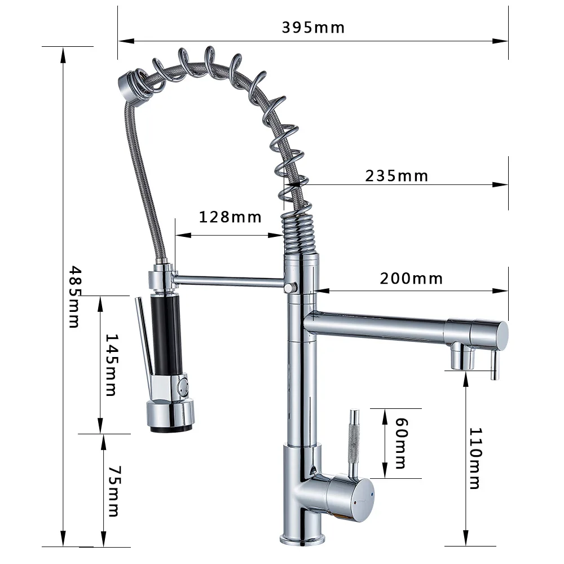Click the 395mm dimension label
pos(313,27)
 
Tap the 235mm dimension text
pos(396,176)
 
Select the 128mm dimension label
pos(230,217)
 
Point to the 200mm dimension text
pos(411,279)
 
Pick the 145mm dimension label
pos(111,365)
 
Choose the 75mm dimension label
pos(113,491)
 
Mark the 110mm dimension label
pos(475,458)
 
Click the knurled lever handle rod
pos(354,440)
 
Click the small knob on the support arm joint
pos(290,288)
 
